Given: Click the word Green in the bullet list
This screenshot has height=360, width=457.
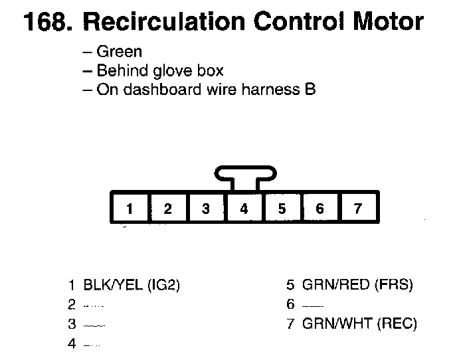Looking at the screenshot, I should click(x=120, y=52).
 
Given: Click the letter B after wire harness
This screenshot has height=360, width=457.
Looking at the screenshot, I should click(x=309, y=89).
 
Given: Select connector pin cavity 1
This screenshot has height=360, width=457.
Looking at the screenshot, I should click(x=130, y=209).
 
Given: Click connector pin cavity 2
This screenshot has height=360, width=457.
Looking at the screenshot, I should click(x=167, y=209).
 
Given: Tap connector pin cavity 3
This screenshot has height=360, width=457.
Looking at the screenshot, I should click(x=206, y=209).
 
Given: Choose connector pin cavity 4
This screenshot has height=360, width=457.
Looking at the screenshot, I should click(x=244, y=209).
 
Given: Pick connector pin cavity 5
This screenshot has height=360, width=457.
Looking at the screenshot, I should click(x=282, y=209).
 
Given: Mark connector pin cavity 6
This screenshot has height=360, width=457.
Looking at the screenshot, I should click(x=320, y=209).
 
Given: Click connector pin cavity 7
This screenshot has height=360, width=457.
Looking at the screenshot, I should click(x=357, y=209).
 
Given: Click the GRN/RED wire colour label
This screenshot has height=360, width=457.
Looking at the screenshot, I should click(x=335, y=286).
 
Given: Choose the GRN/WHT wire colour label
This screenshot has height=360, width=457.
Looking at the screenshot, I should click(x=336, y=324).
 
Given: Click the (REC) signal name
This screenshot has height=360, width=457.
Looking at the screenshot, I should click(x=395, y=324).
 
